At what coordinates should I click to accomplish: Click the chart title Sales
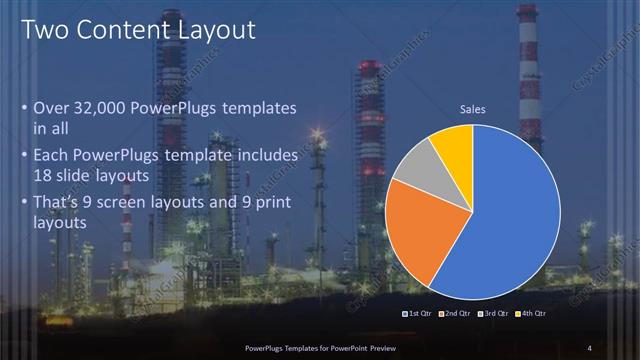tap(472, 109)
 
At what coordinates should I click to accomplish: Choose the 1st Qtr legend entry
tap(418, 313)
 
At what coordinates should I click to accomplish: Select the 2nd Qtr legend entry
tap(455, 313)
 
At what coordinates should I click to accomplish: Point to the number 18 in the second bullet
tap(44, 175)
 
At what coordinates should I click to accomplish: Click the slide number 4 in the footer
tap(590, 347)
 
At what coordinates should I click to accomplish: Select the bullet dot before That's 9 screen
tap(25, 205)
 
